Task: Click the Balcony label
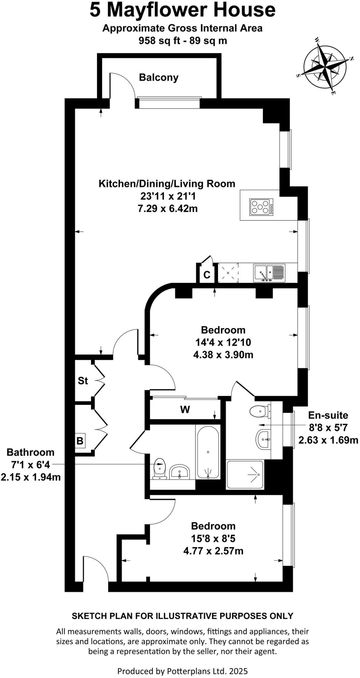158,77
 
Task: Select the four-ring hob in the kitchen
261,207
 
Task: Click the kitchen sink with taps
269,273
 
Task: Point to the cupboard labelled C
206,274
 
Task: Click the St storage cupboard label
83,381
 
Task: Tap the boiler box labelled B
80,441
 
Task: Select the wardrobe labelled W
185,410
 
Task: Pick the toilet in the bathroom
159,469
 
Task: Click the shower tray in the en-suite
245,475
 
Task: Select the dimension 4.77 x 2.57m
213,551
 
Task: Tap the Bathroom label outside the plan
30,452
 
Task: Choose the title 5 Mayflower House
182,10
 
